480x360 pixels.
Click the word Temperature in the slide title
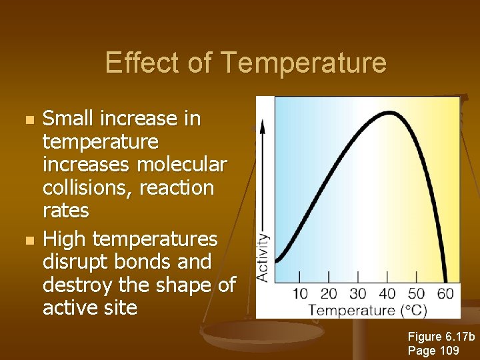pyautogui.click(x=303, y=63)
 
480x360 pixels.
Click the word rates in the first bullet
pyautogui.click(x=65, y=211)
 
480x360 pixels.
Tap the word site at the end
pyautogui.click(x=119, y=308)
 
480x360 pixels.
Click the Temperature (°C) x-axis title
pyautogui.click(x=367, y=310)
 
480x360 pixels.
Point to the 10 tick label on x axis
pyautogui.click(x=299, y=293)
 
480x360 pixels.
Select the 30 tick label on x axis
pyautogui.click(x=358, y=293)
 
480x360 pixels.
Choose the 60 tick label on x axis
pyautogui.click(x=446, y=293)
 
